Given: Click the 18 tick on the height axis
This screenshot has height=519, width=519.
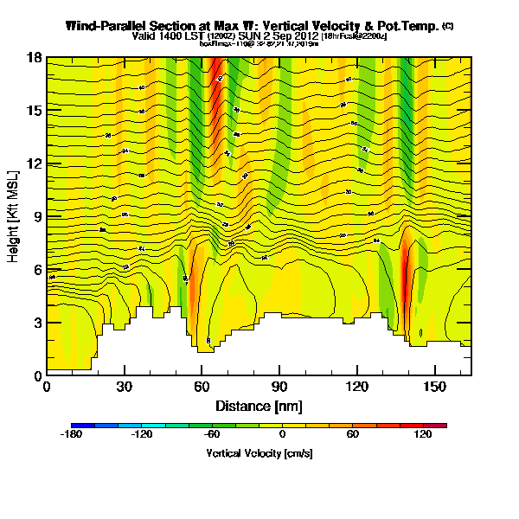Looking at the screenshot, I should coord(35,58).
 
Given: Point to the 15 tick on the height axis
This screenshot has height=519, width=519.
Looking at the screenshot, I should coord(35,111).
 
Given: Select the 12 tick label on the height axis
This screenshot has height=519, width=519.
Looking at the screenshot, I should coord(35,163).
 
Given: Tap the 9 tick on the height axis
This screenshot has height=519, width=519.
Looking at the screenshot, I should coord(37,216).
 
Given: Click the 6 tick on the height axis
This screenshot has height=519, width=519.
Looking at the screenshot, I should coord(37,269).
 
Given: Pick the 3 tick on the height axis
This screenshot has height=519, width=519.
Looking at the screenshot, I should coord(37,322).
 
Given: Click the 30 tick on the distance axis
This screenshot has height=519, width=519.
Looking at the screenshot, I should coord(125,386).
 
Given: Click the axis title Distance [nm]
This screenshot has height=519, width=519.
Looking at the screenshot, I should coord(258,405).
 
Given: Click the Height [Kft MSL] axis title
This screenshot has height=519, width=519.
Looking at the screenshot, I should coord(15,216).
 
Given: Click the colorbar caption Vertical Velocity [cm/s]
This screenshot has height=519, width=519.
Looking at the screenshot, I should coord(259,453).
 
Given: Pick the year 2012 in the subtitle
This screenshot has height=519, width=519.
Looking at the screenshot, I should coord(304,36).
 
